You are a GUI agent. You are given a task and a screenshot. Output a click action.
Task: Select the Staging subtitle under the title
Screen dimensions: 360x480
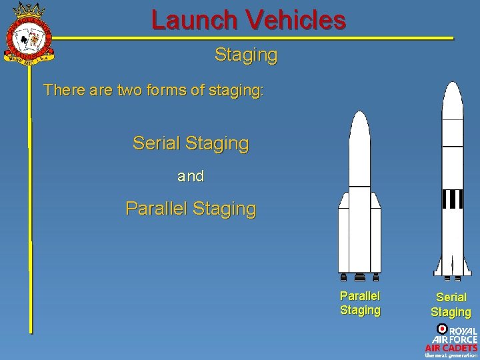tap(245, 55)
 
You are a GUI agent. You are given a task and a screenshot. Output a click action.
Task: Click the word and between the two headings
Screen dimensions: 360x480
tap(191, 177)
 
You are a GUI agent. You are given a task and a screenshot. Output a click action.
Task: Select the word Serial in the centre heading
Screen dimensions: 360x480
tap(157, 143)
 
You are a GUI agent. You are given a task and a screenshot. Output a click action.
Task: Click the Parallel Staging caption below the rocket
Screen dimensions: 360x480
tap(360, 303)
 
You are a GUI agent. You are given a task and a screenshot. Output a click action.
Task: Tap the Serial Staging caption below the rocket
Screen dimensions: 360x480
tap(451, 304)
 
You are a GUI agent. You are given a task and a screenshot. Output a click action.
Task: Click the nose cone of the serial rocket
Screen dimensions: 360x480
tap(453, 100)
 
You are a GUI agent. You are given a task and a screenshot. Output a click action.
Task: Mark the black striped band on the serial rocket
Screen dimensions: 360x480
tap(453, 199)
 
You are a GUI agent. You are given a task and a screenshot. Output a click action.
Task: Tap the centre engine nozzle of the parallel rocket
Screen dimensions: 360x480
tap(360, 277)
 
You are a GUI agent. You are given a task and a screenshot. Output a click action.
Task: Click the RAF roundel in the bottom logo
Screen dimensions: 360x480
tap(442, 329)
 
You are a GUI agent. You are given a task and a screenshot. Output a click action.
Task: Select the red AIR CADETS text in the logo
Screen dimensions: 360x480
tap(451, 347)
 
